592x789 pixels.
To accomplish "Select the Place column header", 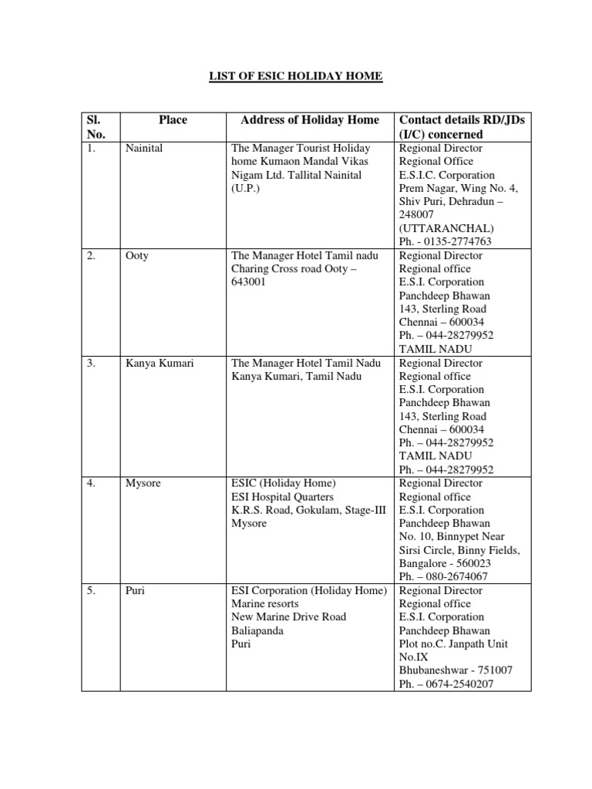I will coord(173,119).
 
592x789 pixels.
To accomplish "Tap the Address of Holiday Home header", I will coord(310,119).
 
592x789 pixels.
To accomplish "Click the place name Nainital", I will coord(144,148).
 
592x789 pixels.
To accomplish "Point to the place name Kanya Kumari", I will coord(160,363).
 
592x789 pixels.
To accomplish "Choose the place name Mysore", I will coord(142,483).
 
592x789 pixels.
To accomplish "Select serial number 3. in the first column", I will coord(91,363).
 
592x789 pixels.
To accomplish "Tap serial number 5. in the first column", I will coord(91,590).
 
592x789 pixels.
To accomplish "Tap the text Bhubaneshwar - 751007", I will coord(456,670).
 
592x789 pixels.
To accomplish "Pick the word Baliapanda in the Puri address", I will coord(257,630).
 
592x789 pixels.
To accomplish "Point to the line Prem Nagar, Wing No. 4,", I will coord(458,188).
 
